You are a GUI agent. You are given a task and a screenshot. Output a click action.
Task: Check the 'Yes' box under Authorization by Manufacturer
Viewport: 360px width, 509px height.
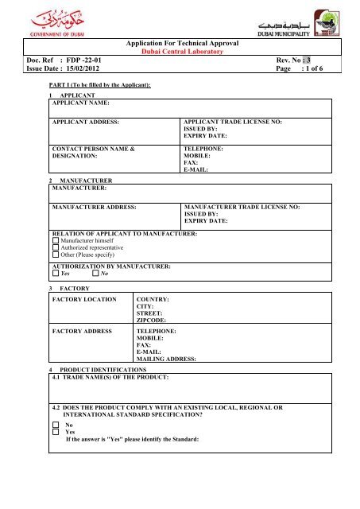54,274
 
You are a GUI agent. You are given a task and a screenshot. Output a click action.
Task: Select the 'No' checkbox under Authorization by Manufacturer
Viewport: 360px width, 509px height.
95,274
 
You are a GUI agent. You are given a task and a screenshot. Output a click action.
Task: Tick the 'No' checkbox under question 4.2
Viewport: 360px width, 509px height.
54,425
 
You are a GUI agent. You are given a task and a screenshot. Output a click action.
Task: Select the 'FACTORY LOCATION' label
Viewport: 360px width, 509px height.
85,298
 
